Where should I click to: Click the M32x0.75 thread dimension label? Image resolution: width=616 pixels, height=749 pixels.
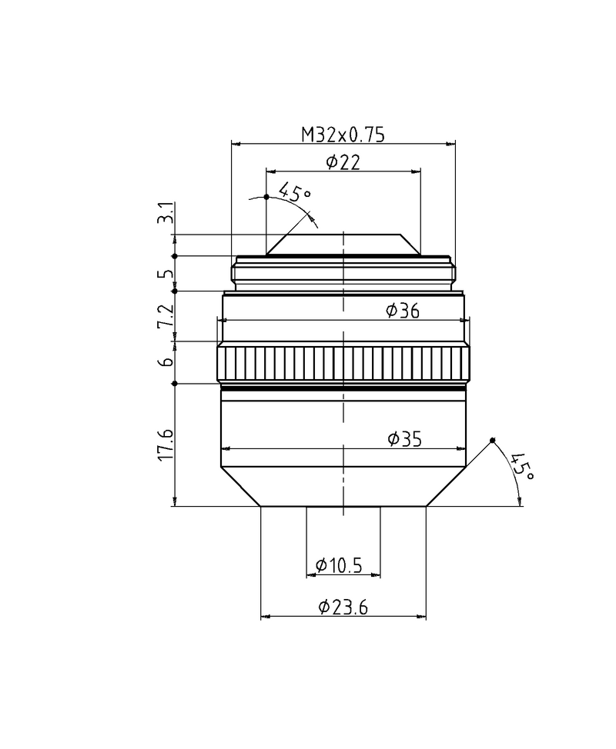tap(343, 134)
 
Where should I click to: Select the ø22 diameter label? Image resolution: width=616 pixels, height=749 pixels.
tap(343, 161)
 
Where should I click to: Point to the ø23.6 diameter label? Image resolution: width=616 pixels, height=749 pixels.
tap(343, 608)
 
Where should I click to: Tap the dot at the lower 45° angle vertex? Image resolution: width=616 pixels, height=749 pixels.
tap(493, 441)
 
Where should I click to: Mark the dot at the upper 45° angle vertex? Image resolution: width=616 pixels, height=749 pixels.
tap(266, 197)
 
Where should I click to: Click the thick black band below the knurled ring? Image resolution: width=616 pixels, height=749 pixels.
tap(343, 390)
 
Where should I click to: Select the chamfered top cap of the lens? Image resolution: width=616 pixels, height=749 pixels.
tap(343, 245)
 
